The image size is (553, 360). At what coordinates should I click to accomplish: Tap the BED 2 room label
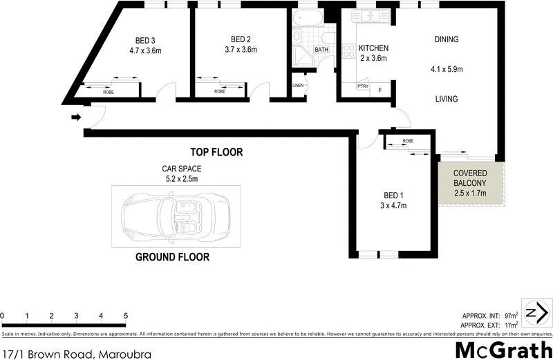click(241, 39)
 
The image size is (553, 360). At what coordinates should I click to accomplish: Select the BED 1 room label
click(393, 195)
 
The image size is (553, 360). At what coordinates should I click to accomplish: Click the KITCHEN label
click(373, 48)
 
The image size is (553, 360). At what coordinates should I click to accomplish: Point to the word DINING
click(447, 39)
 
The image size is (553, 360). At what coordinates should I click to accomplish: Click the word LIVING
click(447, 100)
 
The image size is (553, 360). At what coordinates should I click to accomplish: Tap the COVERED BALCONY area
click(470, 182)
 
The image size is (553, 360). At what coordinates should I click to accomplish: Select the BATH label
click(322, 50)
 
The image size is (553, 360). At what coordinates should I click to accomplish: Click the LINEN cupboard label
click(299, 85)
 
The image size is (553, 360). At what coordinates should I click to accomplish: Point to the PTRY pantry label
click(363, 86)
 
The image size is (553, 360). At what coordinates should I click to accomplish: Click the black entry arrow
click(75, 117)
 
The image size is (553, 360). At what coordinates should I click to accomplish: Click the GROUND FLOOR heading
click(172, 257)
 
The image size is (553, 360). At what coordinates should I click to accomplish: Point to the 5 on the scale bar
click(126, 316)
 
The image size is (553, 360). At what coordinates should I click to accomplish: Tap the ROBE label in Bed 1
click(408, 141)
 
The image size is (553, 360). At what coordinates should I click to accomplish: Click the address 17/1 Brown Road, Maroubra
click(76, 353)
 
